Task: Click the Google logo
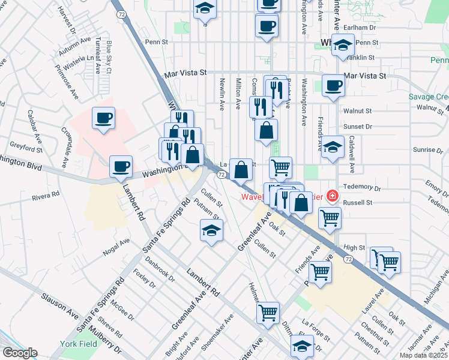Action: point(19,353)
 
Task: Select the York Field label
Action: point(76,344)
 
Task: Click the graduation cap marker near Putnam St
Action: point(211,230)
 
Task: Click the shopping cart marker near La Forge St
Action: point(268,312)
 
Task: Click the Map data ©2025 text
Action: point(423,355)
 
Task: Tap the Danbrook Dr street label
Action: point(160,270)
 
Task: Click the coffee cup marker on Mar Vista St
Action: point(333,85)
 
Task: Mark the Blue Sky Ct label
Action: point(109,57)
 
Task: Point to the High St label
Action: point(355,247)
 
